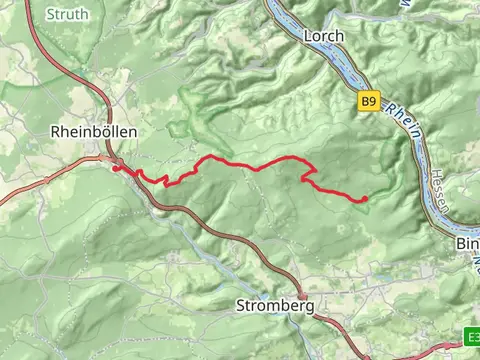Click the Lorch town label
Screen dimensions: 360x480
tap(322, 36)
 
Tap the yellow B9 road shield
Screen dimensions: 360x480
tap(369, 101)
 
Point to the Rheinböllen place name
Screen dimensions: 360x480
tap(93, 131)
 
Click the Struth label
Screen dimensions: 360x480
tap(67, 14)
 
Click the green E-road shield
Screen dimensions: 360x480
tap(472, 336)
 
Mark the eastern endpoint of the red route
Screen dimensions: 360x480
tap(365, 199)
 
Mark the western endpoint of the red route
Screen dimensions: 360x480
tap(116, 168)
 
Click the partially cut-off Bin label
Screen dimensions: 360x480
tap(467, 243)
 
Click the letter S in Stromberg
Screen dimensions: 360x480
tap(240, 304)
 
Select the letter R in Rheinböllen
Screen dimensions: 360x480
tap(55, 131)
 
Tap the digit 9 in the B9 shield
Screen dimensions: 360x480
tap(373, 101)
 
